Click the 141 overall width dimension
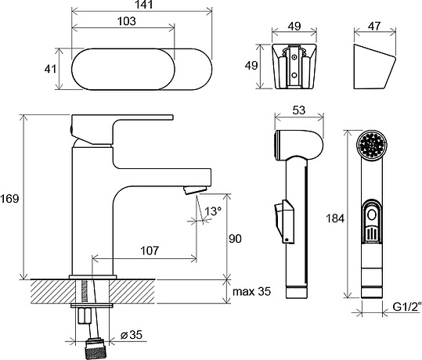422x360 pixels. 144,5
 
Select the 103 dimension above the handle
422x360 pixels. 127,21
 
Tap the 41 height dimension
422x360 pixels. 50,69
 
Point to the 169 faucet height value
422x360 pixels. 9,199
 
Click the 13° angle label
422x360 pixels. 213,211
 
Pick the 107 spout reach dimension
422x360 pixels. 150,250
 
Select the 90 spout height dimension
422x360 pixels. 235,239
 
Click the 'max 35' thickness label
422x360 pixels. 251,291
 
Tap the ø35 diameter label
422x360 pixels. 132,335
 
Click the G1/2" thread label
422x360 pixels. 406,307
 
